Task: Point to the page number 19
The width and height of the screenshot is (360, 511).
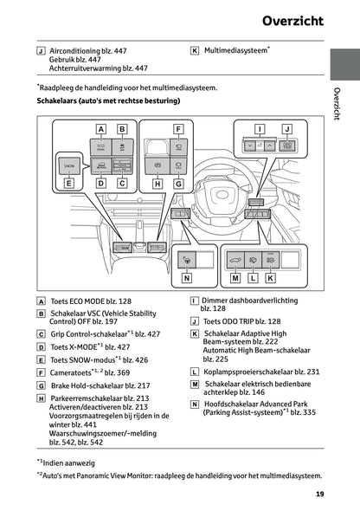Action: point(319,495)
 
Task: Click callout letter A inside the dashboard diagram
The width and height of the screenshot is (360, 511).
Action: point(100,130)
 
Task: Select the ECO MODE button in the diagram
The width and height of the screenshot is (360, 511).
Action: point(100,146)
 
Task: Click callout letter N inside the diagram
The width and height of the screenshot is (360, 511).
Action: point(186,278)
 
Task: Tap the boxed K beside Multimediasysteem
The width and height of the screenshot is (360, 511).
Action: point(194,51)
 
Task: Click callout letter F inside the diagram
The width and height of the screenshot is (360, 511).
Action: point(178,130)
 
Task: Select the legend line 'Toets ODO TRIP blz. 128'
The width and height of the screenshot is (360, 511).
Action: point(241,320)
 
